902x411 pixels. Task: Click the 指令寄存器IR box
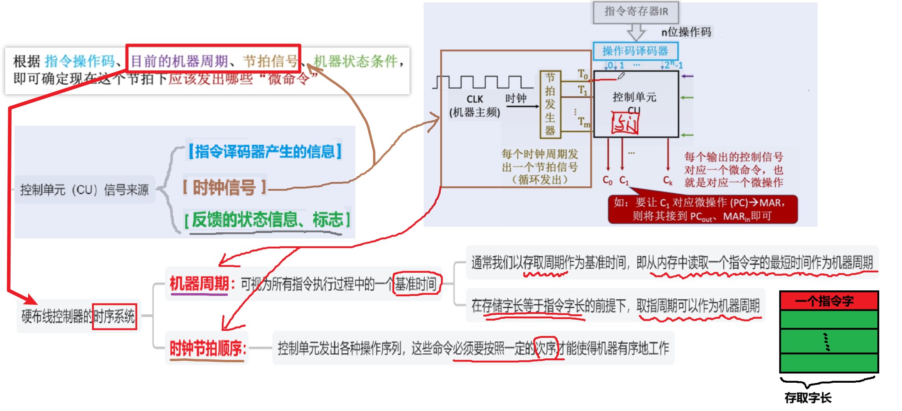(636, 12)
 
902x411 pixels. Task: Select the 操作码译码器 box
(635, 51)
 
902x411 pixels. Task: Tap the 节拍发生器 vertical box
(550, 104)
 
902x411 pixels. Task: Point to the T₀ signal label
(583, 74)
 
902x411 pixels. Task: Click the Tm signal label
(584, 122)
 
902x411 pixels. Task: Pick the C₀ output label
(607, 180)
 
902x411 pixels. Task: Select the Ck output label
(668, 180)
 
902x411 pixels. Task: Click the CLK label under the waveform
(475, 99)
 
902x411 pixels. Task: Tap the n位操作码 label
(686, 32)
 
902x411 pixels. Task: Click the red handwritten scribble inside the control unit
(624, 123)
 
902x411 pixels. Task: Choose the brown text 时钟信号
(225, 187)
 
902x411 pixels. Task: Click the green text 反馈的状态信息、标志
(267, 219)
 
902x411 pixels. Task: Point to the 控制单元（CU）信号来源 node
(84, 190)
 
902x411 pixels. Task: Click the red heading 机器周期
(199, 283)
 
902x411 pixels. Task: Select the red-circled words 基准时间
(416, 283)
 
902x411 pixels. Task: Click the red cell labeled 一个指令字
(829, 301)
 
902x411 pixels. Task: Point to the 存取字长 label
(808, 398)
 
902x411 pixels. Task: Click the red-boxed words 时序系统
(114, 316)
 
